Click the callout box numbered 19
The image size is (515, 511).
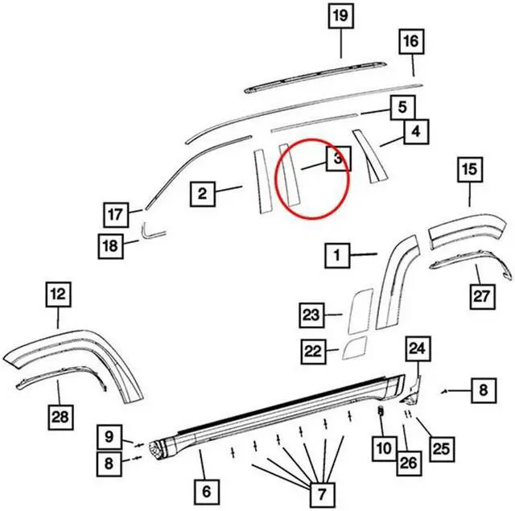(x=340, y=16)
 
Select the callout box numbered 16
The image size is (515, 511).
(x=410, y=41)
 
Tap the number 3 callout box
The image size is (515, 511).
(x=338, y=159)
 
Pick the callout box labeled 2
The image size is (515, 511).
(x=203, y=193)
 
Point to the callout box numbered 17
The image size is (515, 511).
(x=117, y=215)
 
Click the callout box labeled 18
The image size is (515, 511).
(x=110, y=244)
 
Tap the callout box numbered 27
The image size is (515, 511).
(x=480, y=296)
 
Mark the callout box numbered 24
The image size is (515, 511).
(x=418, y=348)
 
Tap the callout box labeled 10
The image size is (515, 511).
(x=381, y=443)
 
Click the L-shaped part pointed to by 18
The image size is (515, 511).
(x=150, y=230)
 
